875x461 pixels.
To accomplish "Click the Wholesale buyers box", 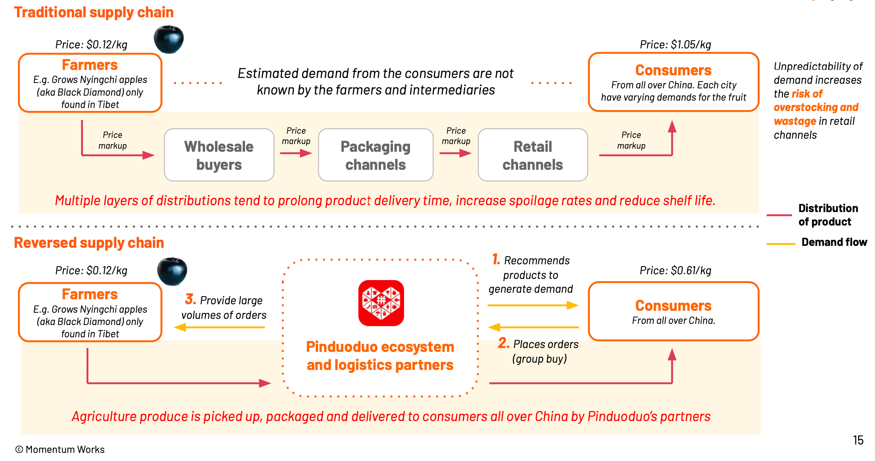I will (x=219, y=155).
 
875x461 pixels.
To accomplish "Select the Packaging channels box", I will (x=375, y=155).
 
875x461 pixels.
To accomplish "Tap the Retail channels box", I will (x=532, y=155).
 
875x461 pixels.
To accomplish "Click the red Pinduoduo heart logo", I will (x=381, y=303).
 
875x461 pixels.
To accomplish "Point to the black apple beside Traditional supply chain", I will (x=169, y=39).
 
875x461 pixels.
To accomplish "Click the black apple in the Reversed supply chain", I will (x=172, y=271).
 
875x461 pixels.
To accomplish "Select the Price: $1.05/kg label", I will (x=675, y=45).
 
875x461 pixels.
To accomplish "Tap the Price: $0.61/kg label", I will (x=675, y=270).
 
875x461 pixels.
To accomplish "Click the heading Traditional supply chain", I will (x=94, y=12).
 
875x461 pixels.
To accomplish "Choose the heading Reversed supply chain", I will (x=89, y=243).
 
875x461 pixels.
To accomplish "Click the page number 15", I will (x=858, y=440).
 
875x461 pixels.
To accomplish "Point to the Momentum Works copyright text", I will (x=60, y=449).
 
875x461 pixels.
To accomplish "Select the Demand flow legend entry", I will (x=834, y=242).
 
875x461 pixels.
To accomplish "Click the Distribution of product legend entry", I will (x=828, y=215).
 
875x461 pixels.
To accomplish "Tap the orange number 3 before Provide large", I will (x=191, y=299).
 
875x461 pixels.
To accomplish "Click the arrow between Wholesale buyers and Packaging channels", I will (x=296, y=153).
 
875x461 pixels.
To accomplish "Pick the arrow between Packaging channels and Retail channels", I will (x=455, y=153).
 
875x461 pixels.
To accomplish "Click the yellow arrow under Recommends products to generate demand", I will (x=533, y=305).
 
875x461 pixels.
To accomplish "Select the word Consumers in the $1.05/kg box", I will (x=673, y=70).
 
